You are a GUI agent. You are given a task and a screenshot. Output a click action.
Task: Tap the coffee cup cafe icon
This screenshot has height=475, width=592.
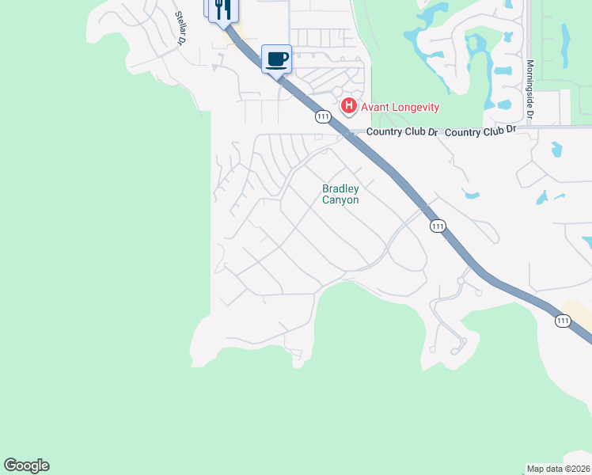click(x=276, y=59)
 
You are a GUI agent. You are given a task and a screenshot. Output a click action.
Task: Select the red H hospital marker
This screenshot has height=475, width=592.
click(x=347, y=106)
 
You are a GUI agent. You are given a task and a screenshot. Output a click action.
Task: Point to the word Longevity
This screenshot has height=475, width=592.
click(x=416, y=107)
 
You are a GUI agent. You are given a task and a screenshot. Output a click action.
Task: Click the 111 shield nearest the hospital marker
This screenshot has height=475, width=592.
click(x=322, y=116)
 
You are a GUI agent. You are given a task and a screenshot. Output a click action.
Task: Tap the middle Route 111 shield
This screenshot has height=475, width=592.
click(x=438, y=226)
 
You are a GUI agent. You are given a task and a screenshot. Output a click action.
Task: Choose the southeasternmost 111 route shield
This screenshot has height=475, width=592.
click(x=562, y=320)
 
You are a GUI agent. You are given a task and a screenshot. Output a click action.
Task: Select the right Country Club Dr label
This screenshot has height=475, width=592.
click(x=480, y=131)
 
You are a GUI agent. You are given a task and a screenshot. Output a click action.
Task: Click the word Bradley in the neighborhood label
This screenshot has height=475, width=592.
click(x=340, y=188)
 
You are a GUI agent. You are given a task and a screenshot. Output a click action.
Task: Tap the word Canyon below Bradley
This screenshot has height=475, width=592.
click(x=340, y=200)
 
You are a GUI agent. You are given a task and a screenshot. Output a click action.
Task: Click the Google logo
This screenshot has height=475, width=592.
click(x=26, y=465)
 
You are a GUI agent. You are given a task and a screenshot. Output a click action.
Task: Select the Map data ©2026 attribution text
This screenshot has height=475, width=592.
click(x=559, y=469)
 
